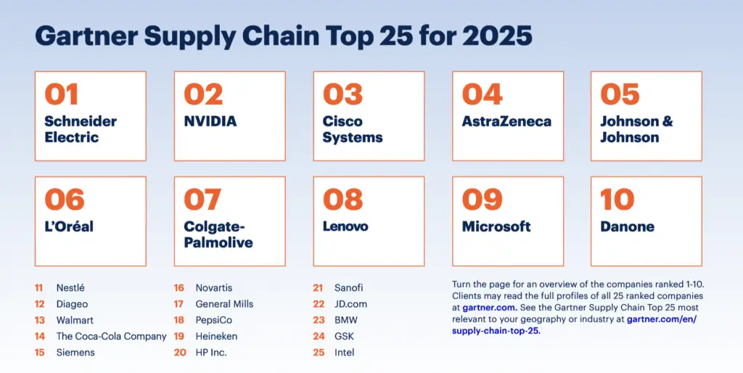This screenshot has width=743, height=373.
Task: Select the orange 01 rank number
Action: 61,94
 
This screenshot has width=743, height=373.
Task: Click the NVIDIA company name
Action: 210,121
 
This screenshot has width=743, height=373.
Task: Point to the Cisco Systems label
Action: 353,129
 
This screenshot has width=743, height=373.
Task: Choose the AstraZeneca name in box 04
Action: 506,121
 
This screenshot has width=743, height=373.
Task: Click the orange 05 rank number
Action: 620,94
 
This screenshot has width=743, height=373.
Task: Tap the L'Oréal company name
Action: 69,226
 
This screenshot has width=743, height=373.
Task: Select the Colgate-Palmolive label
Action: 218,234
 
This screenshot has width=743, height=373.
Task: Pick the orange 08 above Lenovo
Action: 342,200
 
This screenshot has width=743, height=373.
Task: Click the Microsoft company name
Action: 496,226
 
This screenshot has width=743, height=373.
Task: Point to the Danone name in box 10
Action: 627,226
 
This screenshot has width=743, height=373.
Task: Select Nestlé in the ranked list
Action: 70,288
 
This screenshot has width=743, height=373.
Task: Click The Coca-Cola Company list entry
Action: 111,336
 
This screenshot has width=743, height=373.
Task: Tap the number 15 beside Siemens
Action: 39,352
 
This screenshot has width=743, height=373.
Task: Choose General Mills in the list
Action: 224,304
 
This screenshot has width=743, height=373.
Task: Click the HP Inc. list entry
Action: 211,352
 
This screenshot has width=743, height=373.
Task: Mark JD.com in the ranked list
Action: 351,304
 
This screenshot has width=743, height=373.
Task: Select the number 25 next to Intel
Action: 318,352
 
